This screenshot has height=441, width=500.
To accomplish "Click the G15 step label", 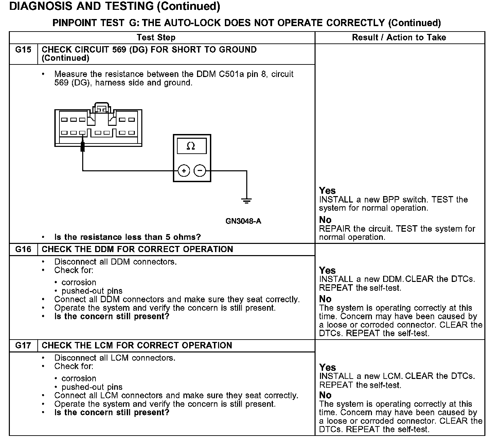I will pyautogui.click(x=23, y=50).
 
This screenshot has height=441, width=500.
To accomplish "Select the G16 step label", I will pyautogui.click(x=23, y=249).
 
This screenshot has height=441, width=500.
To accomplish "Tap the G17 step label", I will pyautogui.click(x=23, y=345).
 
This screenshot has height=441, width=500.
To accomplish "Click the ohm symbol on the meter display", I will pyautogui.click(x=191, y=146).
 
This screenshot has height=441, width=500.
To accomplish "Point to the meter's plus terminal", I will pyautogui.click(x=184, y=171).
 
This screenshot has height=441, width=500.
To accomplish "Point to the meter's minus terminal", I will pyautogui.click(x=200, y=171).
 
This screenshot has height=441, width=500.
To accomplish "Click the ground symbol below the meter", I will pyautogui.click(x=247, y=201).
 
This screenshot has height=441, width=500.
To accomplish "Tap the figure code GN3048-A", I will pyautogui.click(x=243, y=221).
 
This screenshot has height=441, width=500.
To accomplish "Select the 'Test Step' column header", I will pyautogui.click(x=156, y=38).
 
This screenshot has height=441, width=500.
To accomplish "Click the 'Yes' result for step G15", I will pyautogui.click(x=327, y=191).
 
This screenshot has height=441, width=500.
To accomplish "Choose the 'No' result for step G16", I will pyautogui.click(x=325, y=299).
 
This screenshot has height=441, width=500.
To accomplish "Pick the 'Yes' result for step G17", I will pyautogui.click(x=327, y=367).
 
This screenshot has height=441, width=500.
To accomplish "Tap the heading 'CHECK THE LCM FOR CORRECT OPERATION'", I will pyautogui.click(x=137, y=345).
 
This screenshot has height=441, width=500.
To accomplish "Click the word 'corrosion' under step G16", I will pyautogui.click(x=79, y=282).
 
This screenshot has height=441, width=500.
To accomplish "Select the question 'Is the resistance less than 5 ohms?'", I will pyautogui.click(x=127, y=237).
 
